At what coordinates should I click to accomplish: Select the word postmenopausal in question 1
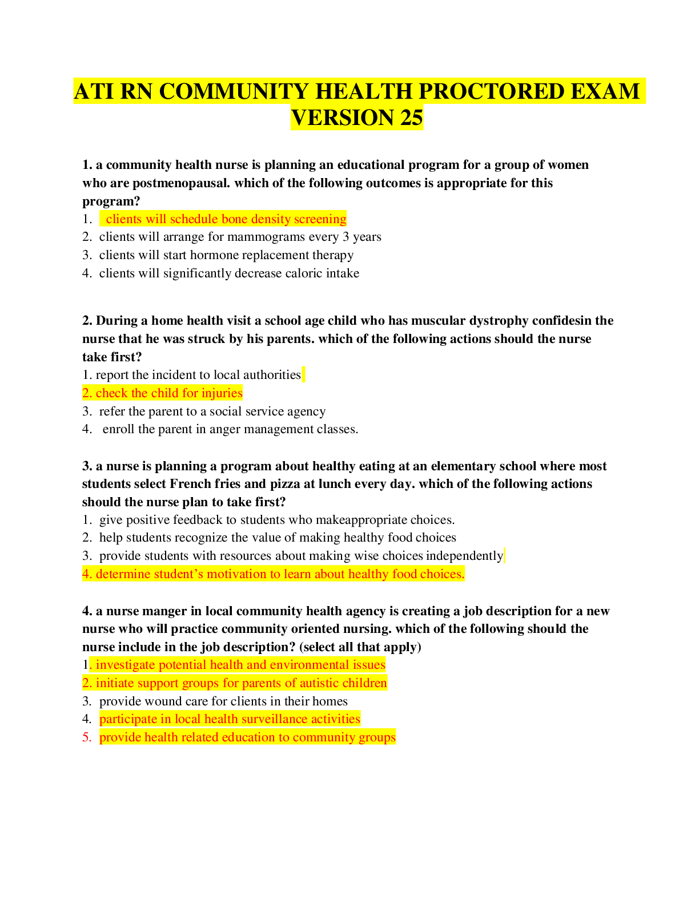[181, 183]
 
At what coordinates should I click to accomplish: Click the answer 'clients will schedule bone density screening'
[226, 219]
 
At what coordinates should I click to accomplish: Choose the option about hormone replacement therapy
[226, 255]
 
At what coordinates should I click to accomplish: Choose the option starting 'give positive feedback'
[277, 520]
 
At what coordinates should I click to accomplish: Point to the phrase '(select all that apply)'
[360, 647]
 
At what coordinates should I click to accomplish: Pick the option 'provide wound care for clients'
[223, 701]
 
